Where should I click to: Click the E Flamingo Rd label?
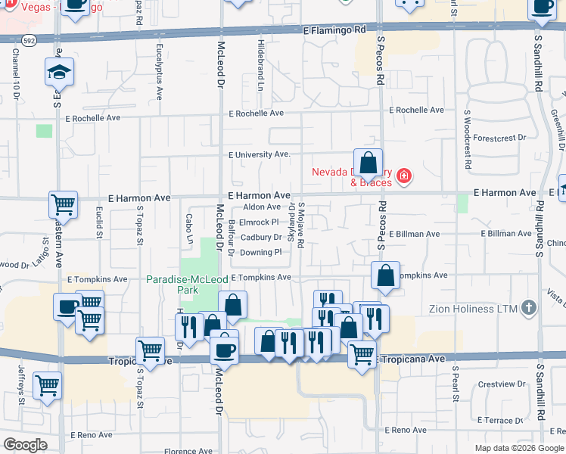point(334,31)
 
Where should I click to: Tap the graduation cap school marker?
point(59,73)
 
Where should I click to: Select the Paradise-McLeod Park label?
point(187,284)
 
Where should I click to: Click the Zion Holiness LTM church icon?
point(529,308)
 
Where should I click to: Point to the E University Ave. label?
point(260,154)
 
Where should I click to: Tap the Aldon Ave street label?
point(262,207)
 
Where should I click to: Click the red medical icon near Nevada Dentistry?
point(404,177)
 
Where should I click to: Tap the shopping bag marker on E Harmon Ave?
point(368,163)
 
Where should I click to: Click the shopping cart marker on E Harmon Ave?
point(64,204)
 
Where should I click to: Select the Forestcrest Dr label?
point(501,138)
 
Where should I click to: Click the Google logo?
point(25,445)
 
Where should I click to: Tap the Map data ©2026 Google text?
point(519,448)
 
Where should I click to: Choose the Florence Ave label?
point(188,452)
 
